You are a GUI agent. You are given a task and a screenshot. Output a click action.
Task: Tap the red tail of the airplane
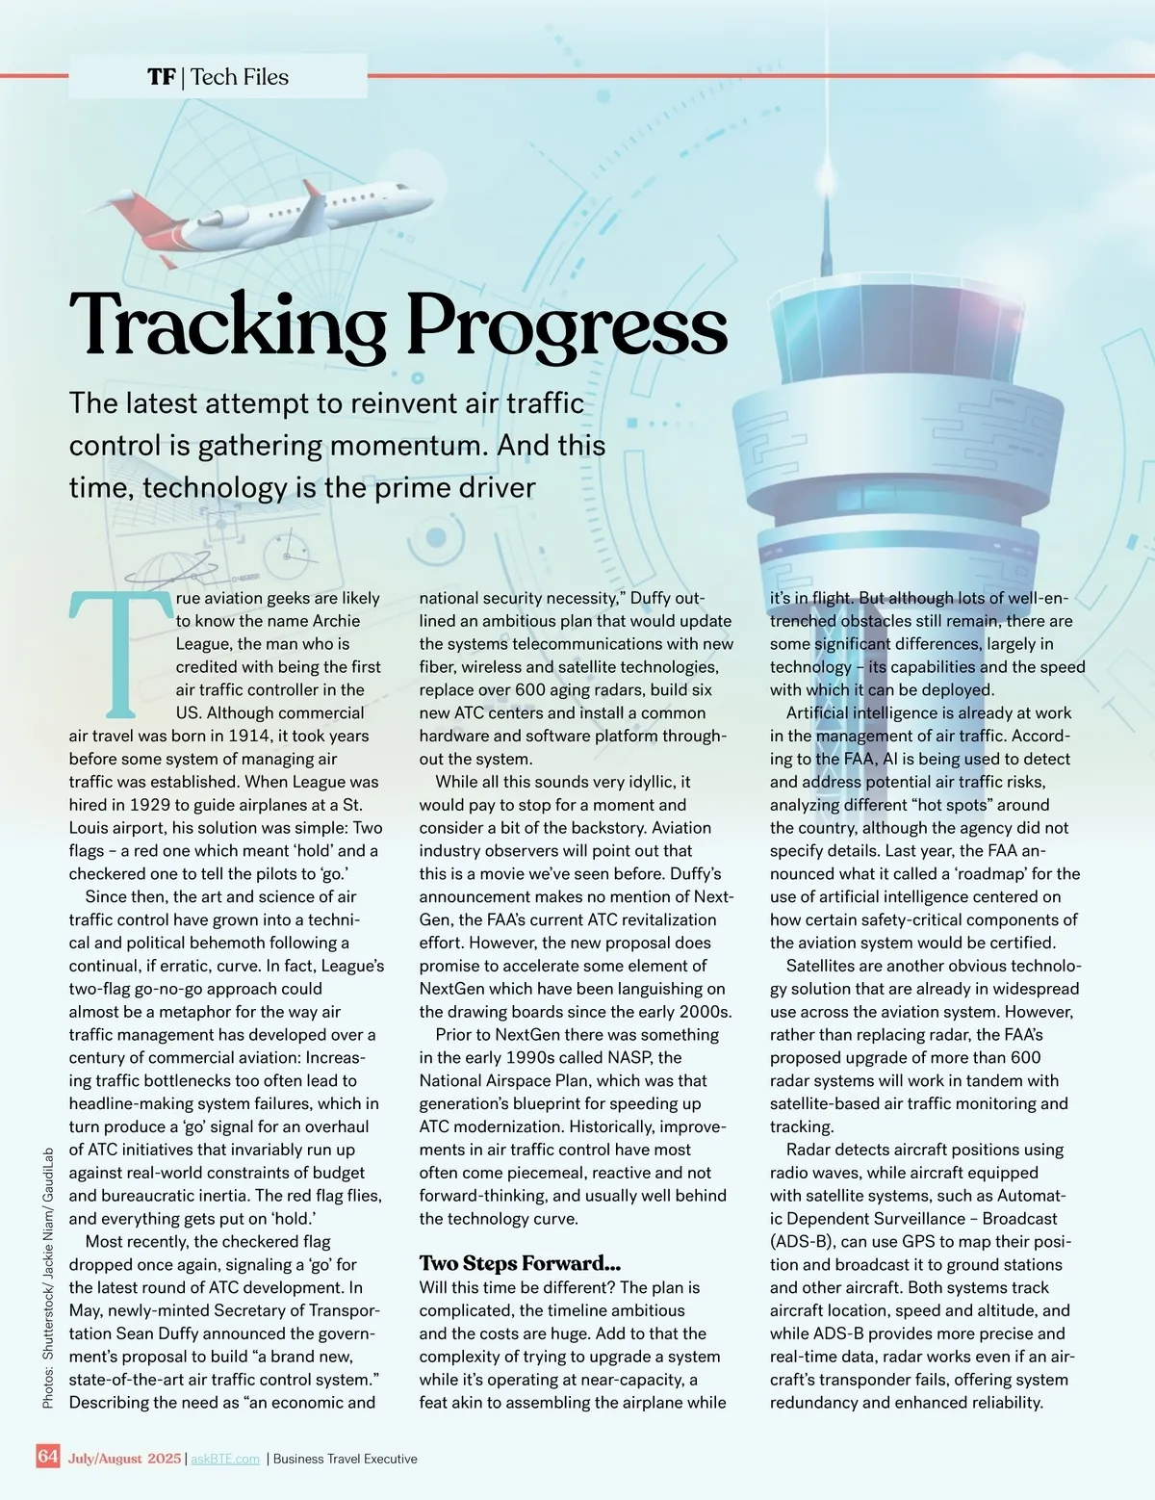coord(149,220)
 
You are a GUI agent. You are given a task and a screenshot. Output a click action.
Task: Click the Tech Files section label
coord(240,77)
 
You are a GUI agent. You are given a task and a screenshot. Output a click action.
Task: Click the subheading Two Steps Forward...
coord(520,1263)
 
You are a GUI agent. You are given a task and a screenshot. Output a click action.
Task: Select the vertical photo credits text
coord(48,1280)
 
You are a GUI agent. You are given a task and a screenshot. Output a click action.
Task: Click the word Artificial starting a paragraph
coord(830,712)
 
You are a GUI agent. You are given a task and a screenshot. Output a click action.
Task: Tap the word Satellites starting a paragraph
coord(829,966)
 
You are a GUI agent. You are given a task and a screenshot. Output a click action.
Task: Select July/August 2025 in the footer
coord(124,1459)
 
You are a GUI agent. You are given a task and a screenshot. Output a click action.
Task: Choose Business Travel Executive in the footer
coord(346,1459)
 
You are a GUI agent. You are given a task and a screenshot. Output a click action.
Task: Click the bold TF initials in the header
coord(161,77)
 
